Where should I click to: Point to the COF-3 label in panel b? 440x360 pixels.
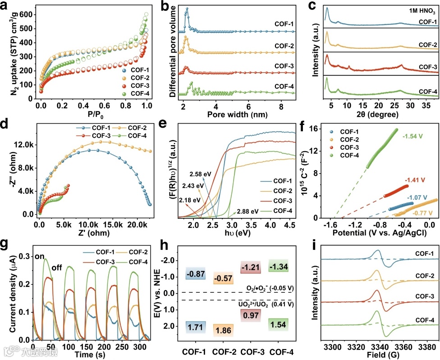coord(284,65)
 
